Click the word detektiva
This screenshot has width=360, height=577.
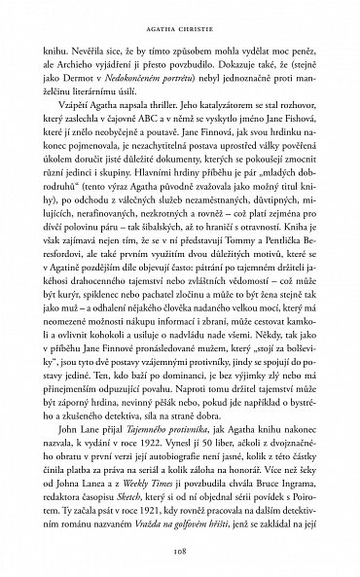pos(158,399)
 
